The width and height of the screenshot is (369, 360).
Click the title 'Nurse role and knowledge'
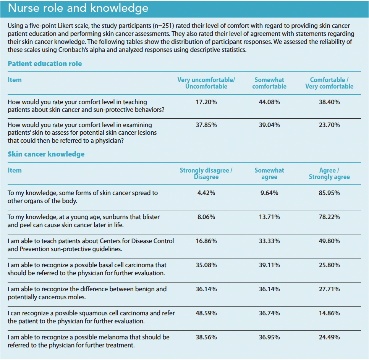click(x=78, y=8)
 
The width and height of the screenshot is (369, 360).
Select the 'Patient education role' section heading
click(x=45, y=64)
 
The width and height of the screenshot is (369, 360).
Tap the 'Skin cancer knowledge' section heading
click(x=46, y=154)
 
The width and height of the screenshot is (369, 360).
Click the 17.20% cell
click(x=206, y=102)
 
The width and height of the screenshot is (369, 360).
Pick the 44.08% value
click(x=269, y=102)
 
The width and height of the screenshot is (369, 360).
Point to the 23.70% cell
click(x=329, y=125)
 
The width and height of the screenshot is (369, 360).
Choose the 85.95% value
click(x=329, y=193)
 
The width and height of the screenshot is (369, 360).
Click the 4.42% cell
click(x=206, y=193)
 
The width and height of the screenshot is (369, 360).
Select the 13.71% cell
click(x=269, y=217)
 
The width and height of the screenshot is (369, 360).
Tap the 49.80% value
click(x=329, y=241)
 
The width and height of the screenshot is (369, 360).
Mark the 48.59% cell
click(x=206, y=313)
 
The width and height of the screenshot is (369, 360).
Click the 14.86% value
click(x=329, y=313)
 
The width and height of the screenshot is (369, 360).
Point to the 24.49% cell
click(x=329, y=337)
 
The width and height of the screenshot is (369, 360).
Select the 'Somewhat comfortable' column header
click(x=269, y=83)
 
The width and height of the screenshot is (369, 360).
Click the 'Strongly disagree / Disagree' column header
click(x=206, y=174)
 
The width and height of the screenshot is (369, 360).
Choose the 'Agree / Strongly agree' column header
click(x=329, y=174)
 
